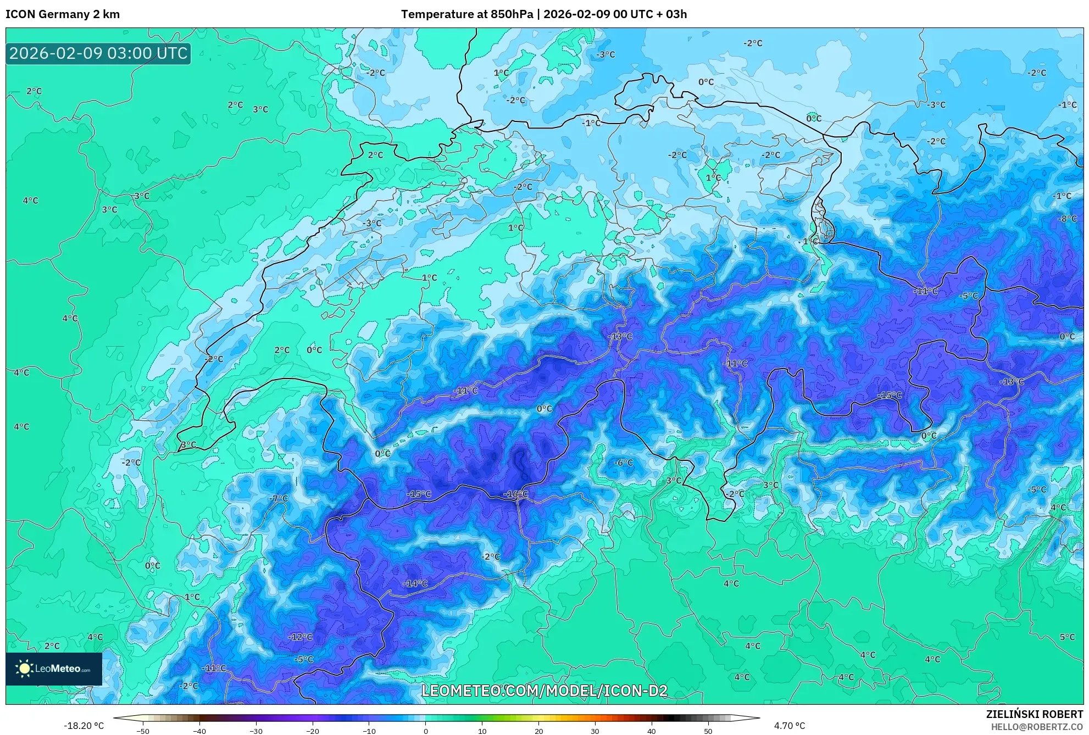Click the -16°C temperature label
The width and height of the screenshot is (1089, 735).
tap(515, 494)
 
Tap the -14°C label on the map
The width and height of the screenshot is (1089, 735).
tap(415, 583)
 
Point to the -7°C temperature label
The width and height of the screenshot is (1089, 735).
tap(279, 498)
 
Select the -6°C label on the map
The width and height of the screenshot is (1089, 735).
tap(623, 463)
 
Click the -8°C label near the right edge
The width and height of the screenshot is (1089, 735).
tap(1068, 219)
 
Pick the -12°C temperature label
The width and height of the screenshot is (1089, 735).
tap(300, 637)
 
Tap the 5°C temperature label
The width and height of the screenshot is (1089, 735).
tap(1067, 637)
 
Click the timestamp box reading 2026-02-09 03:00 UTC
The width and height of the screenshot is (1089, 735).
tap(98, 53)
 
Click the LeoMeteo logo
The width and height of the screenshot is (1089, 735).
tap(54, 669)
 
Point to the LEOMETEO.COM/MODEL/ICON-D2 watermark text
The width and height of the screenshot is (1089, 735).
tap(544, 691)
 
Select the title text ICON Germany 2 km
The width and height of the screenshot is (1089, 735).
tap(63, 14)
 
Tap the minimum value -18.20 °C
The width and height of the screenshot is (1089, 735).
tap(84, 726)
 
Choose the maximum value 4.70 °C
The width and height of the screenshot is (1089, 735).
tap(790, 726)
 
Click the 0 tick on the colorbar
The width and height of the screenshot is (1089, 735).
tap(425, 731)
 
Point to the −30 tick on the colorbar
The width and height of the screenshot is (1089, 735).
tap(256, 731)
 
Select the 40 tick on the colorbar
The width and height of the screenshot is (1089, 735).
tap(651, 731)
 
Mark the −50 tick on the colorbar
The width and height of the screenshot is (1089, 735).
tap(143, 731)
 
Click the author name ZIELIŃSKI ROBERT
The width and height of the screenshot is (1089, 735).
tap(1034, 714)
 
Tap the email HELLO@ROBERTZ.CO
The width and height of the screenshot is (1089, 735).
tap(1036, 727)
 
